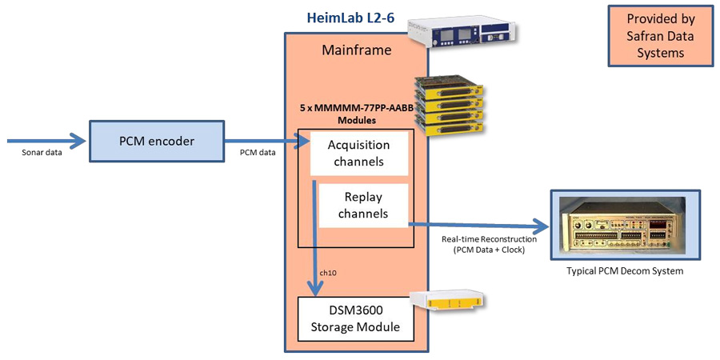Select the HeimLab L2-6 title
pos(350,17)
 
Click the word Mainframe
pos(356,50)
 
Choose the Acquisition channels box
pos(358,154)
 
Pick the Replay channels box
pos(363,205)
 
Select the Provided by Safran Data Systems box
pos(660,36)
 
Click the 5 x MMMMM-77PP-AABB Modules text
pos(355,113)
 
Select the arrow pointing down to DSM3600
pos(314,240)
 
